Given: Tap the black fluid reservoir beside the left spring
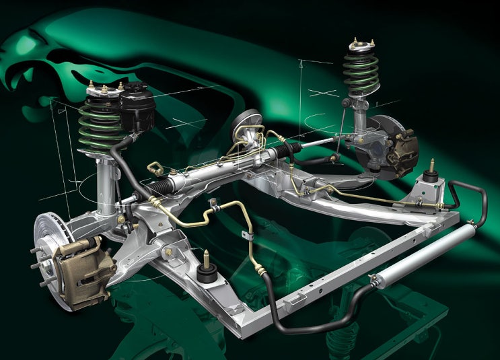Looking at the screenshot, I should [138, 108].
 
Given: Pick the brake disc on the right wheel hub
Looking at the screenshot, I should [386, 141].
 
